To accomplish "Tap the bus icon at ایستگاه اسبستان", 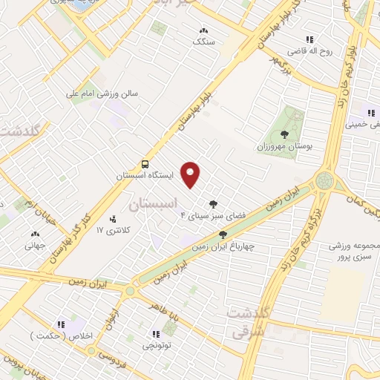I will coord(145,164).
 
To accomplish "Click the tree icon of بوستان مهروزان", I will coord(285,134).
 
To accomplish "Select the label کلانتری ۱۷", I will coord(113,231).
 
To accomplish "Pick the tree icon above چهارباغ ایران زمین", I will coord(223,234).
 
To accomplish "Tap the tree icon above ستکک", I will coord(203,30).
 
